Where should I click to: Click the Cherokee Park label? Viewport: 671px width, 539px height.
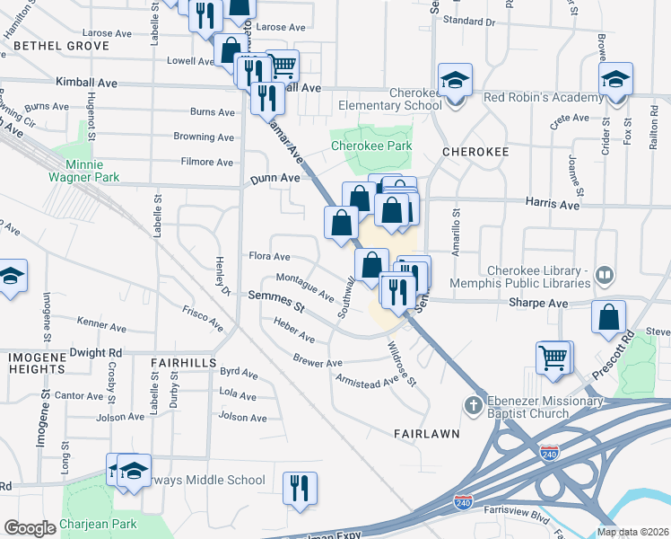pos(371,145)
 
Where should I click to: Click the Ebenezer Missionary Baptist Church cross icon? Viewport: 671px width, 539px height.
pos(474,407)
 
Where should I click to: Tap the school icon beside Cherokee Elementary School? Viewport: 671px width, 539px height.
pos(455,81)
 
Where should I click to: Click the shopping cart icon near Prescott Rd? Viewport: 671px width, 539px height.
pos(553,358)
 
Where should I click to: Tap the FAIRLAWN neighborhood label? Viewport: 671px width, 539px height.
pos(427,433)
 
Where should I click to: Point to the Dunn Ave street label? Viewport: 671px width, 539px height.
pos(274,179)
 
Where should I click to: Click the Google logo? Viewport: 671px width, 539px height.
pos(30,528)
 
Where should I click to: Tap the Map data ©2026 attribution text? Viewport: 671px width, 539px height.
pos(632,532)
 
